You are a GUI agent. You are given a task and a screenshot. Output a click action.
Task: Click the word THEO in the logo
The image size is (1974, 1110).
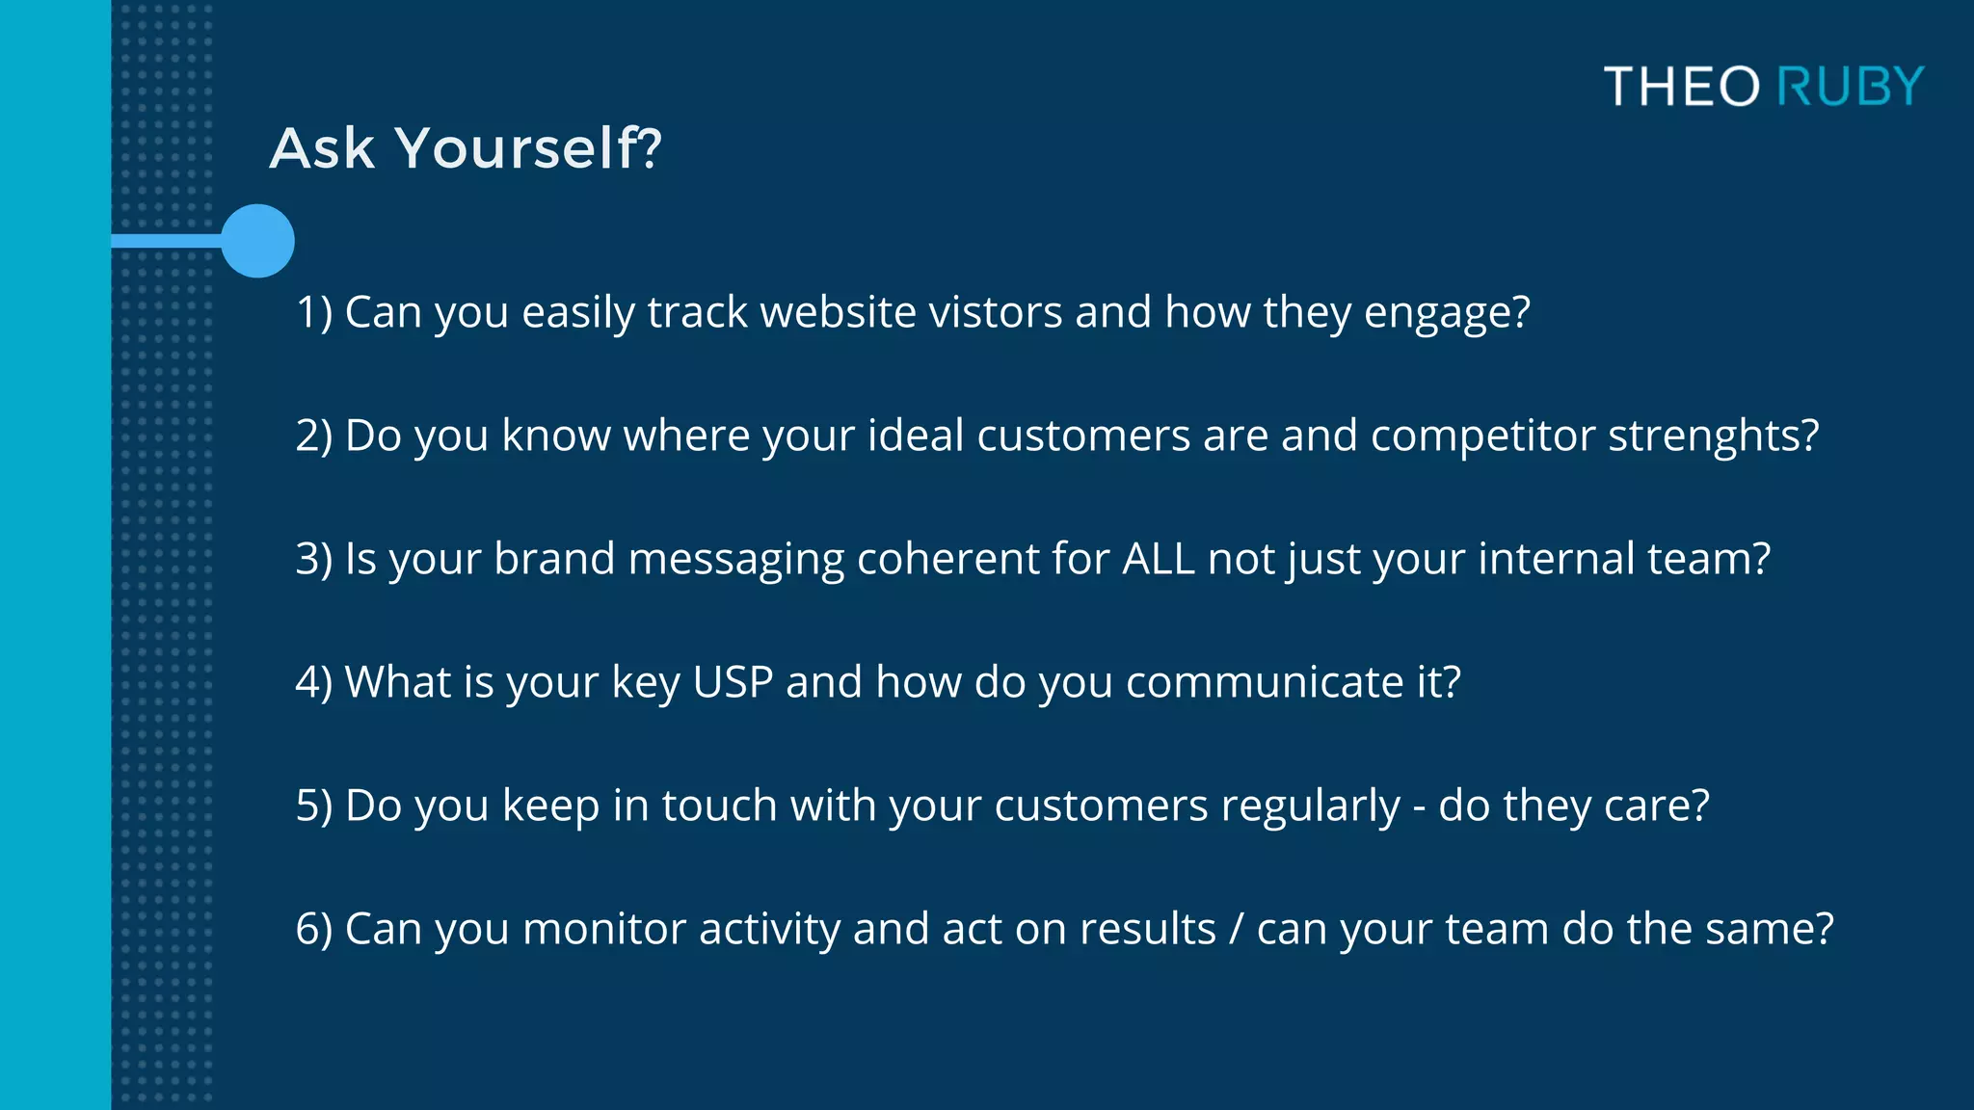[1682, 87]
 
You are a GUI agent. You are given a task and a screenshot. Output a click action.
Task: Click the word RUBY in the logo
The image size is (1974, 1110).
[1850, 87]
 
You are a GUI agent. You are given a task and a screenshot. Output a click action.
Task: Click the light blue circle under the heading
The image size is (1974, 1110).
[257, 241]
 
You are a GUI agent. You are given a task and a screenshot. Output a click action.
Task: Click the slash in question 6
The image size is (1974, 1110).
[1237, 930]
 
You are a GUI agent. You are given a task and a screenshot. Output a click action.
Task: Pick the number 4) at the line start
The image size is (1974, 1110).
[314, 682]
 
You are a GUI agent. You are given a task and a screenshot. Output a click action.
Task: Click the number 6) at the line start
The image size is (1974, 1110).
[314, 929]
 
